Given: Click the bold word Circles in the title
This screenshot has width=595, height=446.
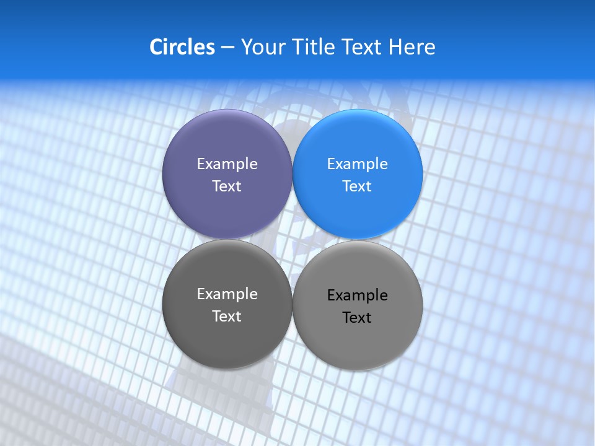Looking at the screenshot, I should tap(182, 47).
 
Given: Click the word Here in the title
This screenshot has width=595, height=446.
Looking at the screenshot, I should tap(412, 47).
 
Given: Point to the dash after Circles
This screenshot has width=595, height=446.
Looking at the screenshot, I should tap(227, 48).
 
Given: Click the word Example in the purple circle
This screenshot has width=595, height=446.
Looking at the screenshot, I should tap(227, 164).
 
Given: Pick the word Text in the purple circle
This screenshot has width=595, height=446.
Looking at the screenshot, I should tap(227, 186).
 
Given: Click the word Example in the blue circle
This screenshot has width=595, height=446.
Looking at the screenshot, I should tap(357, 164).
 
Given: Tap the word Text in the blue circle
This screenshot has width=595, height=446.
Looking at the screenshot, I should tap(357, 186).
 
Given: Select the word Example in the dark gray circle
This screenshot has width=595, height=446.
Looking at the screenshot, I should tap(227, 294).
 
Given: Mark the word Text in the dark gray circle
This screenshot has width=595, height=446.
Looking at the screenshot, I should tap(227, 317).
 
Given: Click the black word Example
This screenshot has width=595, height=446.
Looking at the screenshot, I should tap(357, 295).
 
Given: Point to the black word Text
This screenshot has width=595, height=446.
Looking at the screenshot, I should tap(357, 318).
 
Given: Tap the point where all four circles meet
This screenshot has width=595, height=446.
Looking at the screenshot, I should tap(292, 239).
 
